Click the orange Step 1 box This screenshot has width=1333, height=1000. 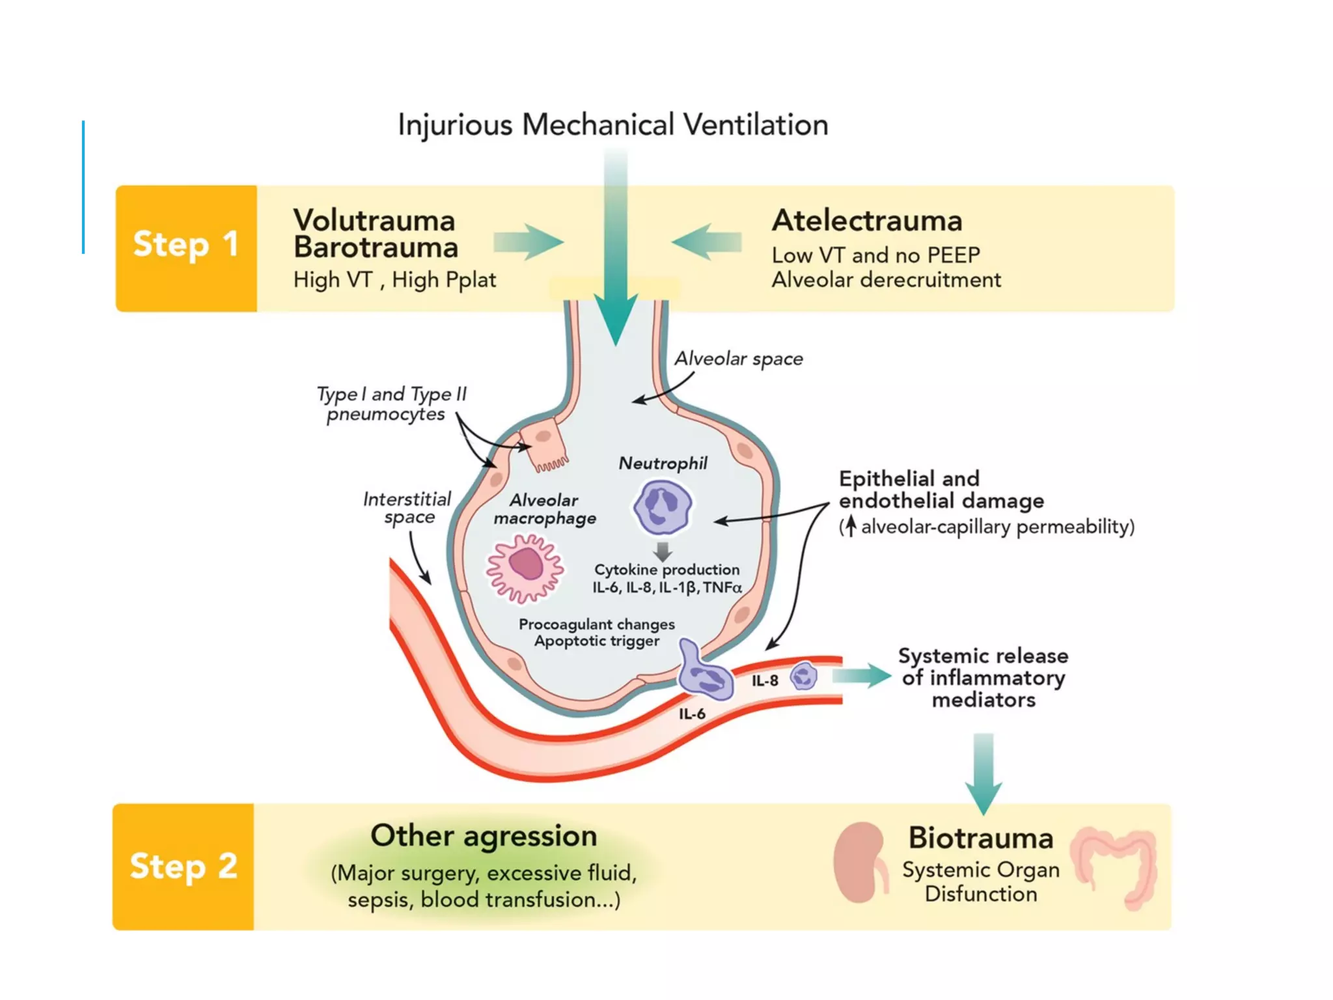[186, 248]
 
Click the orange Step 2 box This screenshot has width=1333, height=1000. [183, 867]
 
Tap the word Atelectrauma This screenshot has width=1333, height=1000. [867, 221]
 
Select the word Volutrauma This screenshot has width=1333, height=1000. [374, 221]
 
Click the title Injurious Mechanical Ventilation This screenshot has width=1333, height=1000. [612, 124]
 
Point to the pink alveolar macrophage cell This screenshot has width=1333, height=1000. [525, 568]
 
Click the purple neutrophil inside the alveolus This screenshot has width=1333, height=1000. [663, 507]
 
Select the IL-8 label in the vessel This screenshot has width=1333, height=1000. [765, 681]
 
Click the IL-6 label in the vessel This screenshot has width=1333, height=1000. [692, 714]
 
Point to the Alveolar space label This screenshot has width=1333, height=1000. [738, 359]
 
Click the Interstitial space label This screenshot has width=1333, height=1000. [407, 508]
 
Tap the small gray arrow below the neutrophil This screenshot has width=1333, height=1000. [663, 551]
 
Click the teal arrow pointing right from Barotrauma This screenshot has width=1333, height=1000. [529, 242]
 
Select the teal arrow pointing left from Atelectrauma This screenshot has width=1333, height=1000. [706, 242]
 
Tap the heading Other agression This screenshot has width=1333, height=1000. [484, 836]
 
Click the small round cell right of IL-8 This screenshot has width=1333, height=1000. [804, 676]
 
